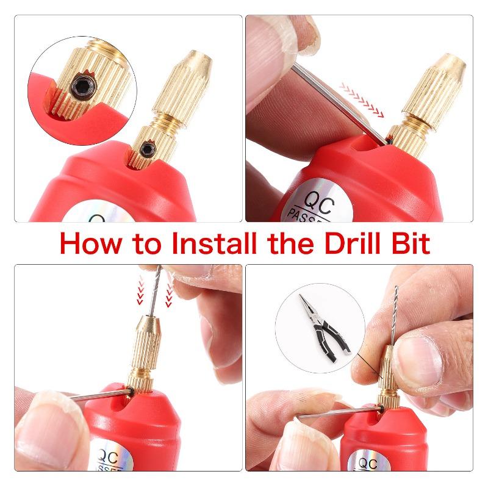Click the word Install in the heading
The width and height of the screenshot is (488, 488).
click(211, 243)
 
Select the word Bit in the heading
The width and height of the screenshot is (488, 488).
click(408, 243)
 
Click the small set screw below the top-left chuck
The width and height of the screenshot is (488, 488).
click(146, 149)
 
